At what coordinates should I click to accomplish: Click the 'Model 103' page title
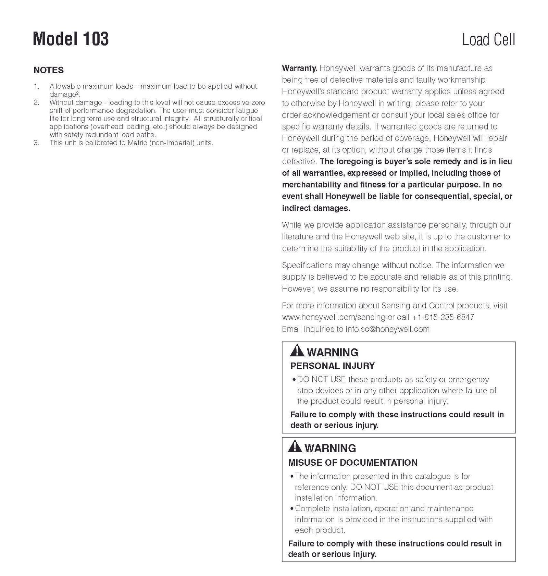point(71,39)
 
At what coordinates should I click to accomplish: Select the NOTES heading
point(49,70)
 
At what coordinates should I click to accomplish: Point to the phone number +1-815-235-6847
point(443,317)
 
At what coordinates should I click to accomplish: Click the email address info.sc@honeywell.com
point(387,329)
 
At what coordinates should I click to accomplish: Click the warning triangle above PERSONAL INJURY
point(297,351)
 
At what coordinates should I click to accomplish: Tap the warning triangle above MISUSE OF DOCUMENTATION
point(295,446)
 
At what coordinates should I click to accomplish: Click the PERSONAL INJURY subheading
point(333,366)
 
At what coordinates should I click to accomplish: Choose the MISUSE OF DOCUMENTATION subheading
point(353,463)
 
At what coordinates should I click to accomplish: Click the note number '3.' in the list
point(36,143)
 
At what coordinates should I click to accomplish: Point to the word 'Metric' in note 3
point(137,143)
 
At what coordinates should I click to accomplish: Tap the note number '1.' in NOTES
point(36,86)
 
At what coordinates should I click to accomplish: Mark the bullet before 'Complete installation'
point(292,509)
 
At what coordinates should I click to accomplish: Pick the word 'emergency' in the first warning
point(469,380)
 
